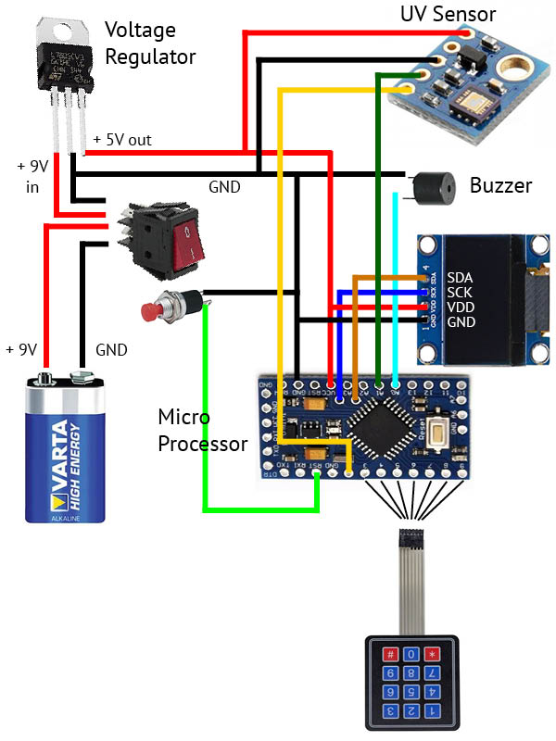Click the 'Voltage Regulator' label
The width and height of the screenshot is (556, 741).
pyautogui.click(x=149, y=44)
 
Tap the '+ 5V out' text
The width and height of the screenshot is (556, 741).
pyautogui.click(x=122, y=140)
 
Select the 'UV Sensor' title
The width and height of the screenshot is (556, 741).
pyautogui.click(x=448, y=14)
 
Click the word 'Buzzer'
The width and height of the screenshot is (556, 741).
pyautogui.click(x=500, y=185)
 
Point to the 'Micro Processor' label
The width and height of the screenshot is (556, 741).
pyautogui.click(x=202, y=430)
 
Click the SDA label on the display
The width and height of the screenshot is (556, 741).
pyautogui.click(x=461, y=277)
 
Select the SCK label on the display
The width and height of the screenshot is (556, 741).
pyautogui.click(x=461, y=292)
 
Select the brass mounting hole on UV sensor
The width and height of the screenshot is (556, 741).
pyautogui.click(x=512, y=65)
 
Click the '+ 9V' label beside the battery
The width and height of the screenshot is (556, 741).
pyautogui.click(x=21, y=350)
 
